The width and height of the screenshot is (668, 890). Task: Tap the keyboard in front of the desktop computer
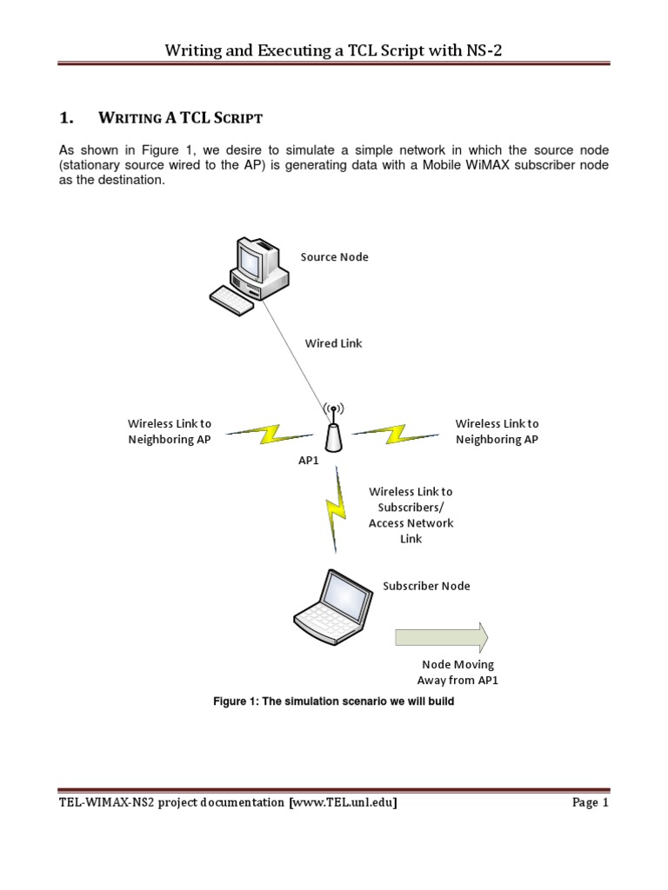click(232, 300)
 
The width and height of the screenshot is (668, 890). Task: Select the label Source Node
click(334, 257)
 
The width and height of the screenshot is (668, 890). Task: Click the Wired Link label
click(333, 343)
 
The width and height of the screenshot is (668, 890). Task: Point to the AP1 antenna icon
click(333, 427)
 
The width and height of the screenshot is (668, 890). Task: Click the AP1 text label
click(309, 461)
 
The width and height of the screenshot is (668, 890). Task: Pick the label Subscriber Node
click(426, 586)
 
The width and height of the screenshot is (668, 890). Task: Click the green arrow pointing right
click(441, 637)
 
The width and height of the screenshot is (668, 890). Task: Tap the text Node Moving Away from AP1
click(458, 673)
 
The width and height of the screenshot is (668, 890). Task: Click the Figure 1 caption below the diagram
click(334, 701)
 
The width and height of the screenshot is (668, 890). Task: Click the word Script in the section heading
click(237, 117)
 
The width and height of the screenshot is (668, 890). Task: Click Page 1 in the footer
click(591, 803)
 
